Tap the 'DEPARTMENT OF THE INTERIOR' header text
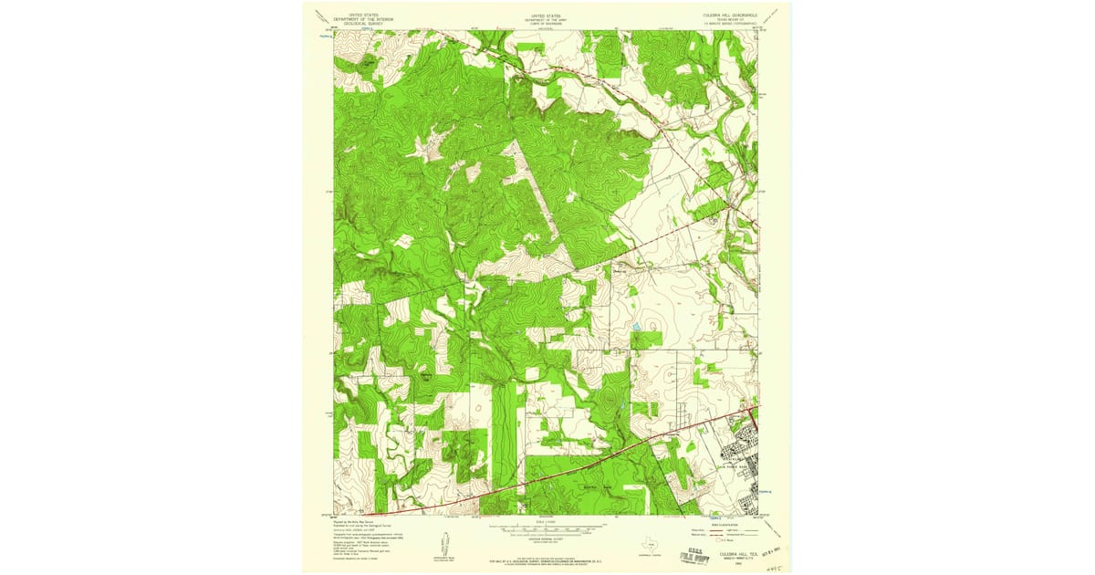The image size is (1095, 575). coord(359,19)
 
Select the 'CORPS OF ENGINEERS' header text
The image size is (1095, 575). coord(547,24)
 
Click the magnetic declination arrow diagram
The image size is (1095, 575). coord(445,548)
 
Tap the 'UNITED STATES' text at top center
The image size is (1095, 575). coord(547,16)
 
